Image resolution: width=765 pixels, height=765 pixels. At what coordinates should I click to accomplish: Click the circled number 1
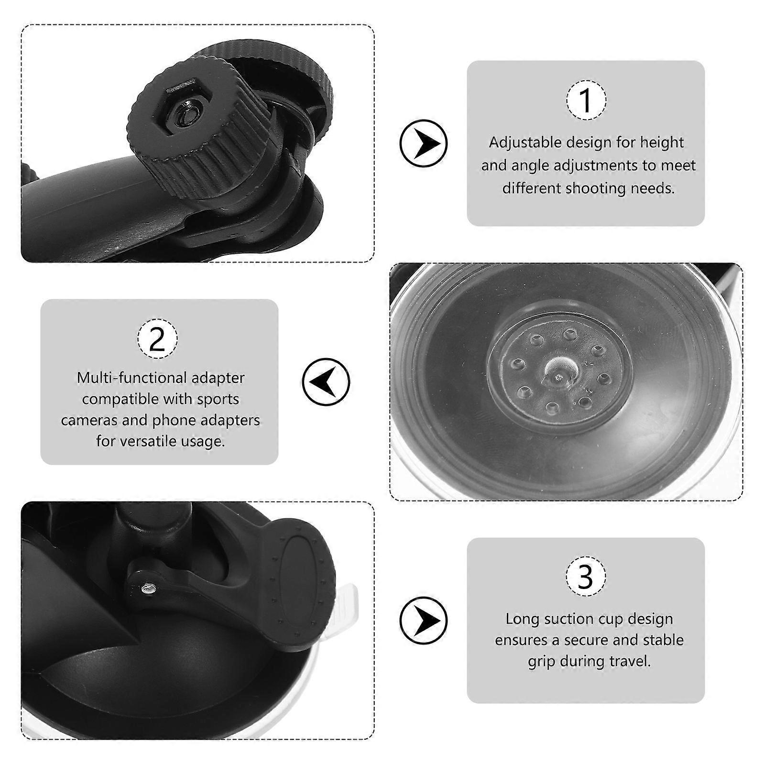point(586,100)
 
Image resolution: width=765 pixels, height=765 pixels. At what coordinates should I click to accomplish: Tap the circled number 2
point(157,339)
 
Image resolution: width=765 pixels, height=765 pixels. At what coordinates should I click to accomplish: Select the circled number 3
point(586,577)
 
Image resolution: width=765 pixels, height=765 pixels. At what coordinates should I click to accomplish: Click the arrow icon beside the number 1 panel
point(424,143)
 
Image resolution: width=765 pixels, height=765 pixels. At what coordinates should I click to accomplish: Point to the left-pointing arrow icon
point(326,382)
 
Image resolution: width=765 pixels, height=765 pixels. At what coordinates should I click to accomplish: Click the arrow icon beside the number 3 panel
point(424,620)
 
